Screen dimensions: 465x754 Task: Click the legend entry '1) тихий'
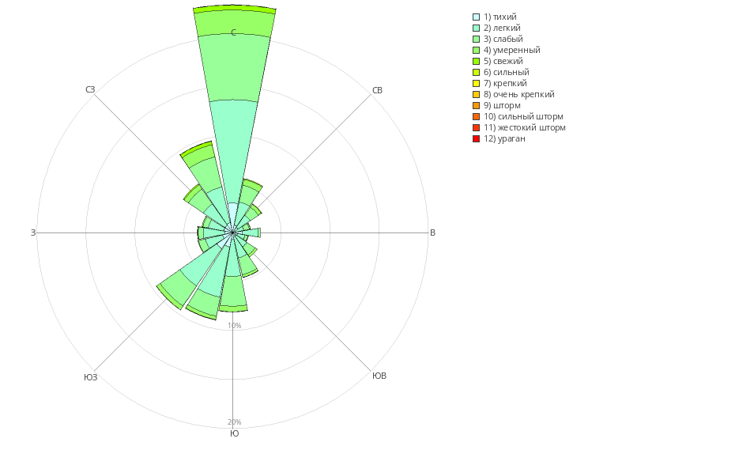(x=500, y=17)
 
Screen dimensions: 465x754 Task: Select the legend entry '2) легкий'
(x=502, y=28)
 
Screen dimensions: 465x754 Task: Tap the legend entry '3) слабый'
(x=503, y=39)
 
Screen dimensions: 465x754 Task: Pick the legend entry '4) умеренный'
(x=511, y=50)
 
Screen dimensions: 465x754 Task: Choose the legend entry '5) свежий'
(x=503, y=61)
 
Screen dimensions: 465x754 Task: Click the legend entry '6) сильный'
(x=506, y=72)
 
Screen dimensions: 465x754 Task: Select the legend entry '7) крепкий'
(x=505, y=83)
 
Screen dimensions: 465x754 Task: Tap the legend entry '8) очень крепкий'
(x=518, y=94)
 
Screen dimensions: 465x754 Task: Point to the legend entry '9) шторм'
(x=502, y=105)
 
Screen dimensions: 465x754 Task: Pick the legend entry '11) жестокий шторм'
(x=524, y=127)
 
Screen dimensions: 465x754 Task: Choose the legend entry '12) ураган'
(x=504, y=138)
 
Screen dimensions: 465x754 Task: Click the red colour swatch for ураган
(x=476, y=139)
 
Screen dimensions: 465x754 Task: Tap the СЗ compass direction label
(x=90, y=89)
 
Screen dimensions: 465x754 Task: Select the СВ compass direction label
(x=377, y=90)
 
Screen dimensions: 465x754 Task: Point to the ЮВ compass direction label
(x=379, y=376)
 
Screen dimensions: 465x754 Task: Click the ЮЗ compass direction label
(x=90, y=377)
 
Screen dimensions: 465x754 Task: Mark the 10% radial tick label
(x=234, y=326)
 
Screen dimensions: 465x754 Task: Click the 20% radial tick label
(x=234, y=422)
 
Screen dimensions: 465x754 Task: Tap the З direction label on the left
(x=33, y=232)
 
